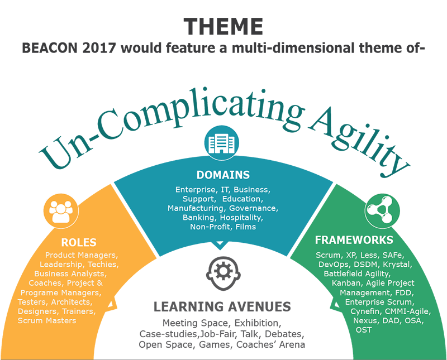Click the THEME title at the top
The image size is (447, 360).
(x=223, y=26)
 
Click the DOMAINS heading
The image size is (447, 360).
(x=223, y=175)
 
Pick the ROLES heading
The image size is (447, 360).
(x=79, y=242)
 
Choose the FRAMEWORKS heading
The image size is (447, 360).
(x=354, y=240)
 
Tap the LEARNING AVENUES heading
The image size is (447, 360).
(x=222, y=306)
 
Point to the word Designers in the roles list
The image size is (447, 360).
(x=40, y=311)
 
